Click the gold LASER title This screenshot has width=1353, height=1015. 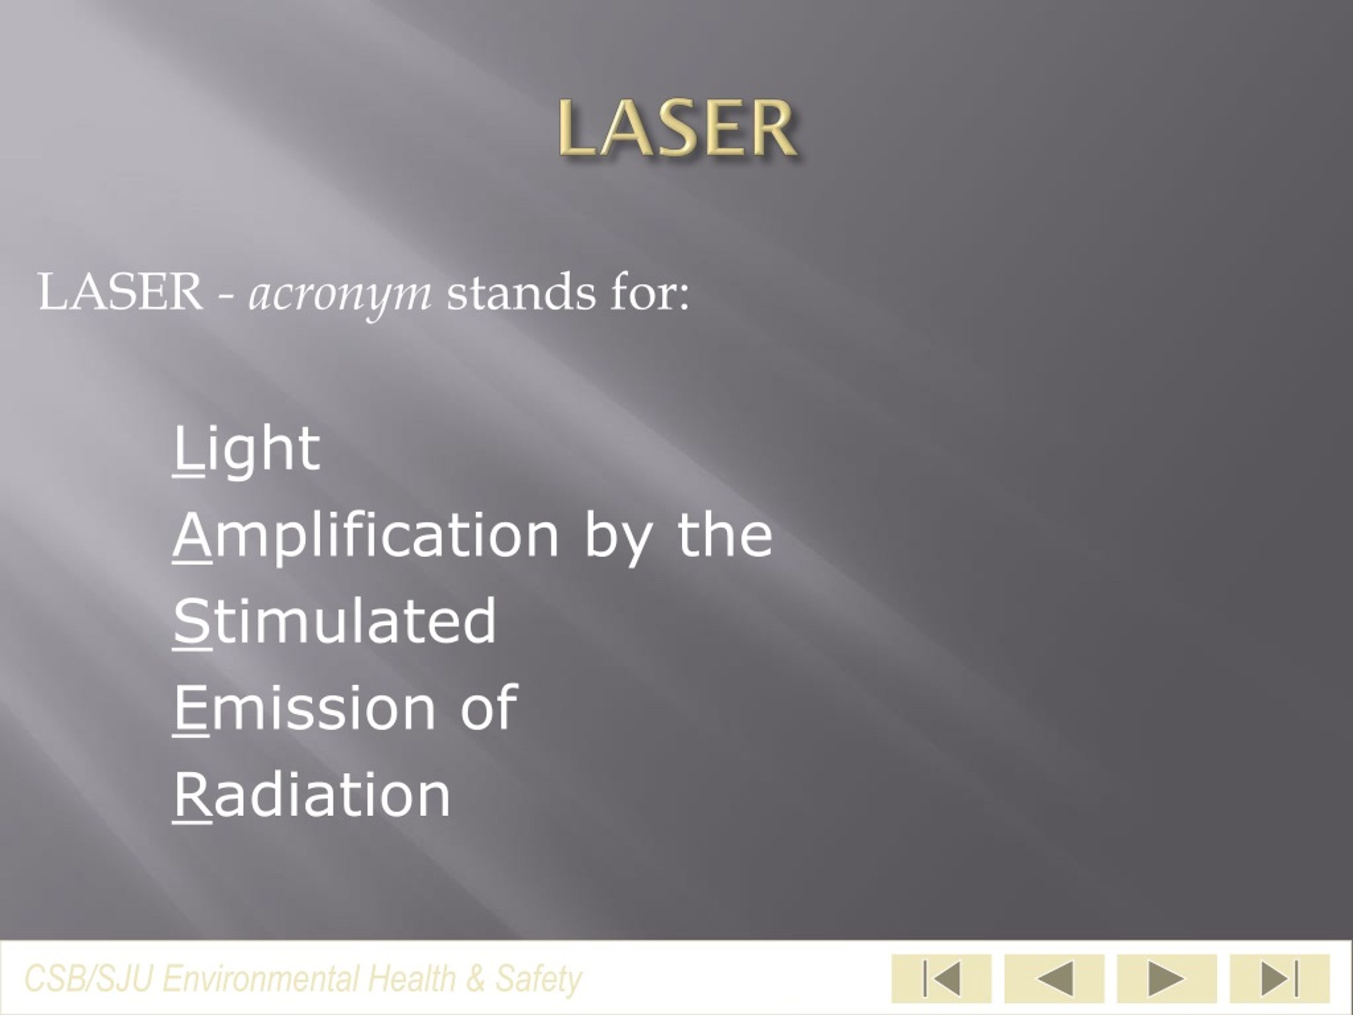[x=677, y=129]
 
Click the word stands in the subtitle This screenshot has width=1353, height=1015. [x=521, y=292]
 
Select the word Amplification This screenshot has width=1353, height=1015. [x=366, y=536]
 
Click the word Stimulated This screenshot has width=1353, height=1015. [x=335, y=621]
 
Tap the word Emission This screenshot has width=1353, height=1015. [x=304, y=708]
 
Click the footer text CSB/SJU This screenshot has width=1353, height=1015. [x=88, y=977]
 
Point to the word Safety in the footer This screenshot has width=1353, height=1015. [x=538, y=977]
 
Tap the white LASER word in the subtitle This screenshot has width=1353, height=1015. [x=120, y=292]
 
